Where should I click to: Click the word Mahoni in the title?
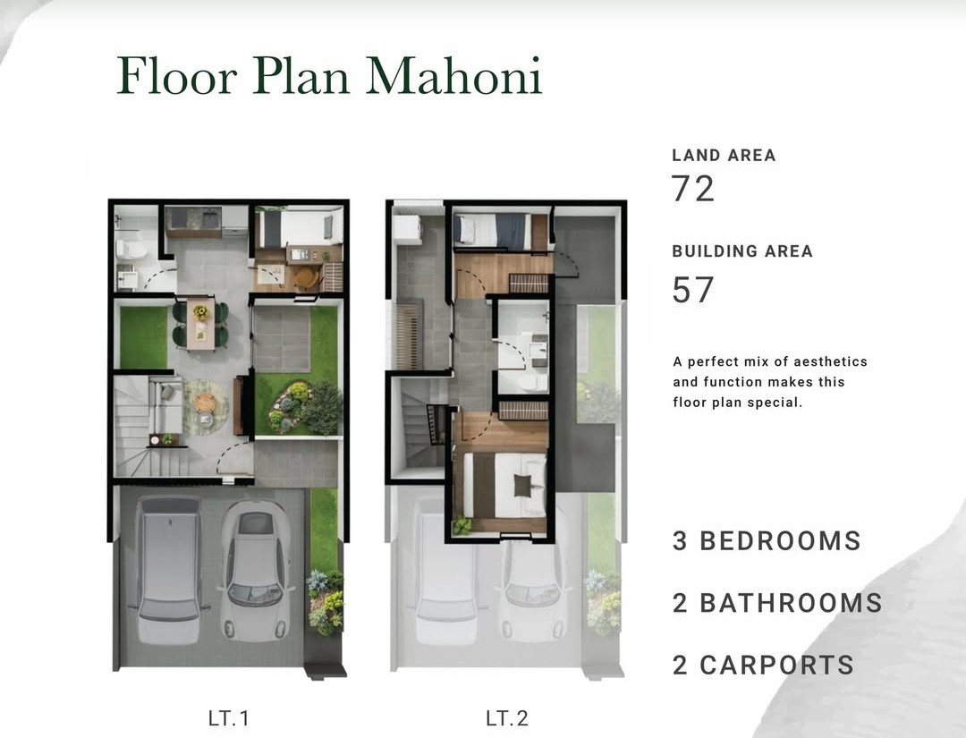(454, 76)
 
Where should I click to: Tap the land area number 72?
(692, 189)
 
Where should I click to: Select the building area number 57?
(692, 290)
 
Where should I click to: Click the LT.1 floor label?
(229, 717)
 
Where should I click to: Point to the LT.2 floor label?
(507, 717)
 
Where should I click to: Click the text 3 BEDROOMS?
(767, 541)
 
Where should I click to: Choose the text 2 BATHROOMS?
(777, 603)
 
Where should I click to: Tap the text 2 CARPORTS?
(763, 666)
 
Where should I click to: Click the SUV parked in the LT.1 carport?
(169, 570)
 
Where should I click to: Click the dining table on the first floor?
(200, 324)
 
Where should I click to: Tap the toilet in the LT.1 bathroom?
(131, 250)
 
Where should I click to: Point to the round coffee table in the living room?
(205, 403)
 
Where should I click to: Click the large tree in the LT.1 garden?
(321, 407)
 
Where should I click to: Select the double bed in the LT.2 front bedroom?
(504, 486)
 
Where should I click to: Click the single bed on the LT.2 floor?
(492, 231)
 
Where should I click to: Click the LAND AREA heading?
(724, 156)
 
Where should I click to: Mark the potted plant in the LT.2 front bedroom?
(462, 524)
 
